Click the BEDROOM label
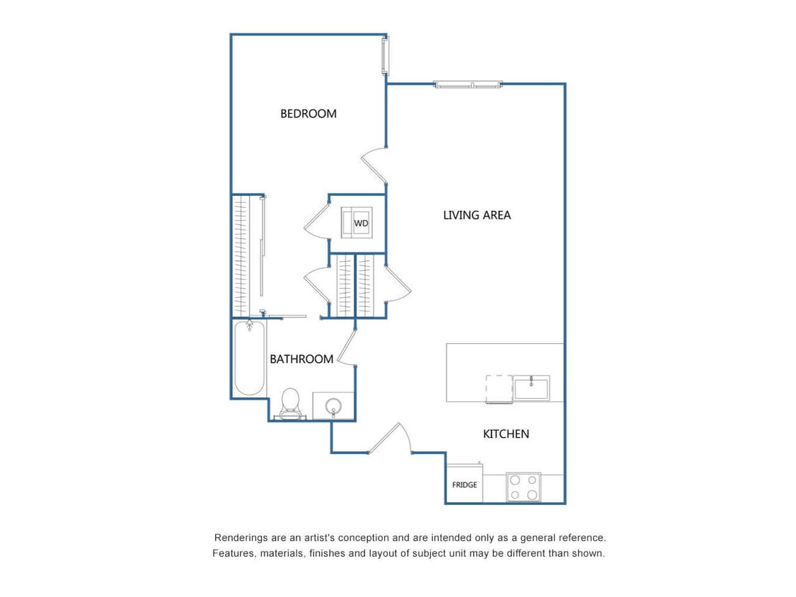pos(308,113)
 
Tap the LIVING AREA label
pos(476,215)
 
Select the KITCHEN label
pos(505,434)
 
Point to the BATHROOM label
pos(301,359)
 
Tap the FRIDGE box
pos(464,485)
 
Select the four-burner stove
pos(524,487)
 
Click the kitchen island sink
pos(531,388)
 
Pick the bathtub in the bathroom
pos(249,358)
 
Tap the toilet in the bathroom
pos(290,402)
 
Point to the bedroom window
pos(385,56)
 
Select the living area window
pos(468,85)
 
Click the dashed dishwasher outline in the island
pos(499,389)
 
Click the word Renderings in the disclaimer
pos(241,538)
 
